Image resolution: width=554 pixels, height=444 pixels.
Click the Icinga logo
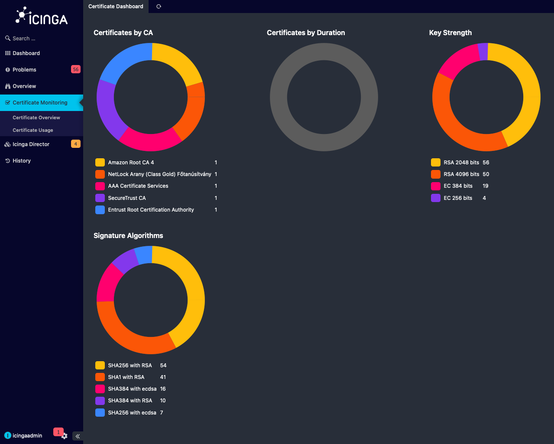click(x=42, y=16)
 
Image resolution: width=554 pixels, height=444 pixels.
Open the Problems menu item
click(x=24, y=69)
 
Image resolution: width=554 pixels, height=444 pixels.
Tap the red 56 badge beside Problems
click(x=75, y=69)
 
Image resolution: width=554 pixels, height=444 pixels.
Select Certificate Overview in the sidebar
click(x=36, y=118)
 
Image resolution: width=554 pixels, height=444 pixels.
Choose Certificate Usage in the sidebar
click(x=33, y=130)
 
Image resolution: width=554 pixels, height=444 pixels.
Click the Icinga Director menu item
click(x=31, y=144)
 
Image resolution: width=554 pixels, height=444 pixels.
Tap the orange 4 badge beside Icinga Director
click(x=75, y=144)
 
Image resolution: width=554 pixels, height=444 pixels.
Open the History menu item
click(x=22, y=161)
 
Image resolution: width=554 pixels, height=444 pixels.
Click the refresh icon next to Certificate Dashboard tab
click(x=159, y=7)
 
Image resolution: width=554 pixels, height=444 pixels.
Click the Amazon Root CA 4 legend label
click(x=131, y=163)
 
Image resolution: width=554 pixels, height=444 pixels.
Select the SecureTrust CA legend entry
click(x=127, y=198)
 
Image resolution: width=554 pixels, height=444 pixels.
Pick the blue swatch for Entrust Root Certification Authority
click(x=100, y=210)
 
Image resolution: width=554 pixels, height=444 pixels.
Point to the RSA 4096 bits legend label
click(x=461, y=174)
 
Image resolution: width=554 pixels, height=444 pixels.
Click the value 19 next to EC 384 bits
click(x=485, y=186)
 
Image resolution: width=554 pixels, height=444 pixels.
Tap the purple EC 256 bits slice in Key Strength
click(x=483, y=52)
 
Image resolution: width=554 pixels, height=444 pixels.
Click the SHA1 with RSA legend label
click(x=126, y=377)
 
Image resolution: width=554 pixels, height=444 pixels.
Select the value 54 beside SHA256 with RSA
click(x=163, y=366)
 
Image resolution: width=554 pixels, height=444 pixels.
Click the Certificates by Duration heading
click(x=306, y=33)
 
